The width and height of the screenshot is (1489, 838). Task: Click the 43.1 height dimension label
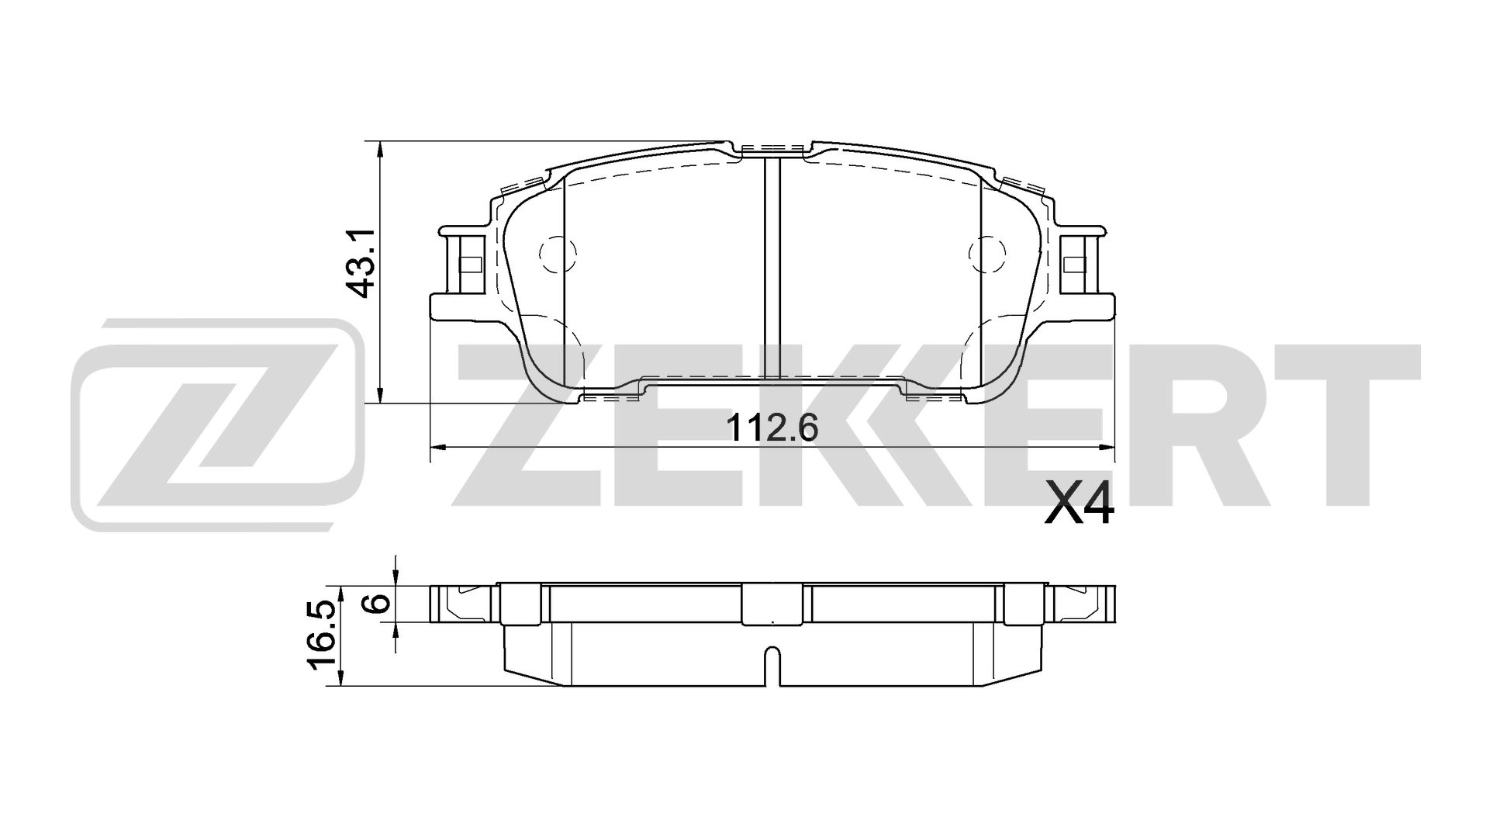tap(361, 264)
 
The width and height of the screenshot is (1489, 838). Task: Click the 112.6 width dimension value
tap(773, 428)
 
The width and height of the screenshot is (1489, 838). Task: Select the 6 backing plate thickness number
tap(378, 604)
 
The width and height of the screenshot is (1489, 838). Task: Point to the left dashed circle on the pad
tap(558, 254)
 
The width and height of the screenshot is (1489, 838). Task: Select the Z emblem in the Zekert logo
tap(217, 423)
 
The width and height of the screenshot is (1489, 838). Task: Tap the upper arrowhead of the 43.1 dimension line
tap(378, 149)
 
